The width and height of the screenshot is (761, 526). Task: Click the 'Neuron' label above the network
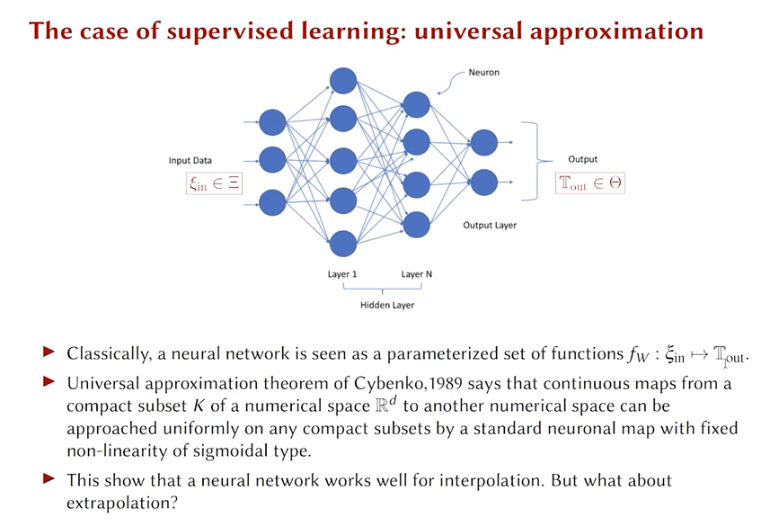pos(483,72)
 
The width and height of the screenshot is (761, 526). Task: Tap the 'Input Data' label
pos(190,161)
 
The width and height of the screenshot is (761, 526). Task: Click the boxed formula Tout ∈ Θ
pos(590,183)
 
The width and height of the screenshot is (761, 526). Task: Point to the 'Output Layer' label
pos(490,225)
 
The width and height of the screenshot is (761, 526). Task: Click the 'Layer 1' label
pos(342,274)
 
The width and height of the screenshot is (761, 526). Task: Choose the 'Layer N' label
pos(417,274)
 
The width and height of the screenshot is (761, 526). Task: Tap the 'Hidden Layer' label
pos(387,305)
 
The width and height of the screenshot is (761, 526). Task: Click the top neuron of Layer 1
pos(343,82)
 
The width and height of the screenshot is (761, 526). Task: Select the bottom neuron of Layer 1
pos(343,243)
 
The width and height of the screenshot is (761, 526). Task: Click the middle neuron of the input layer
pos(272,160)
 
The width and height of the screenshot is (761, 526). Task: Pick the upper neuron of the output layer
pos(483,142)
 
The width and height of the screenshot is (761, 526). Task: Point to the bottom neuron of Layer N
pos(416,224)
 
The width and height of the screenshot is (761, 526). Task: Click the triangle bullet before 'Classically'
pos(49,353)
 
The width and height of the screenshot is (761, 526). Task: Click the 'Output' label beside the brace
pos(582,159)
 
